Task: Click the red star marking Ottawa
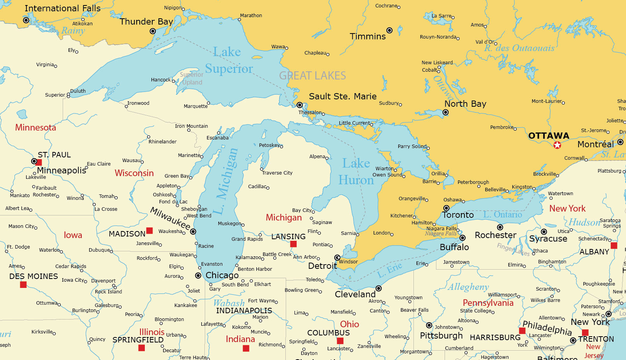coord(557,145)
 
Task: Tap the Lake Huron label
coord(356,172)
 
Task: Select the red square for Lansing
coord(294,244)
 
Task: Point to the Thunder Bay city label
coord(146,21)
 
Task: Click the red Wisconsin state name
coord(134,173)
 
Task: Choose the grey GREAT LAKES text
coord(312,76)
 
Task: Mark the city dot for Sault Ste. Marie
coord(300,105)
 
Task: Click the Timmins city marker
coord(389,30)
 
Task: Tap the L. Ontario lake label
coord(503,215)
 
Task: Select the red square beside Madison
coord(149,231)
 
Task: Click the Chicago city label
coord(222,275)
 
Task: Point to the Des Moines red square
coord(23,285)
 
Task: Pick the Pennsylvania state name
coord(488,303)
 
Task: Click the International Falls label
coord(62,8)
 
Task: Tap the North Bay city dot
coord(446,113)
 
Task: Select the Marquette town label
coord(195,106)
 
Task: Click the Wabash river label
coord(229,303)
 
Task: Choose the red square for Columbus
coord(340,341)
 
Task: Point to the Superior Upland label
coord(192,78)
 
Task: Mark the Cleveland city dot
coord(378,289)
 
